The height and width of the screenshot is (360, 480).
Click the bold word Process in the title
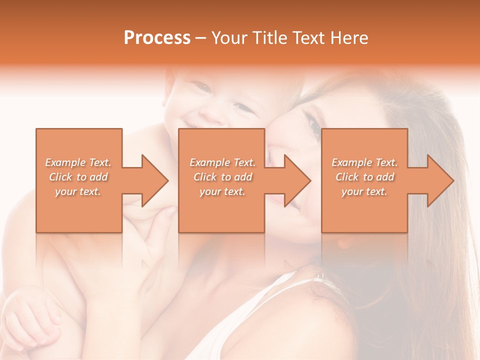coord(157,38)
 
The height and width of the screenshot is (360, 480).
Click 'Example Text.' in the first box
coord(78,162)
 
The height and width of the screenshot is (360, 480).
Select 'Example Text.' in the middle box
coord(222,162)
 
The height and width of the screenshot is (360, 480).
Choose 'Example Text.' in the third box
coord(364,162)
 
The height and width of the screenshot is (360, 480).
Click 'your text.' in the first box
coord(78,191)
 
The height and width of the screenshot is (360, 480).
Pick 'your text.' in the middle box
coord(222,191)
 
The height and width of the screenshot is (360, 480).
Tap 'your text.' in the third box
coord(364,191)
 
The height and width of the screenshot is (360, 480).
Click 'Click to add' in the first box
coord(78,177)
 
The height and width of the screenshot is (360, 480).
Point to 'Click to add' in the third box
coord(364,177)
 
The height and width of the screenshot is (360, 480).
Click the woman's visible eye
coord(314,127)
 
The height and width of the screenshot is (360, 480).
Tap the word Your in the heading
coord(228,38)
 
